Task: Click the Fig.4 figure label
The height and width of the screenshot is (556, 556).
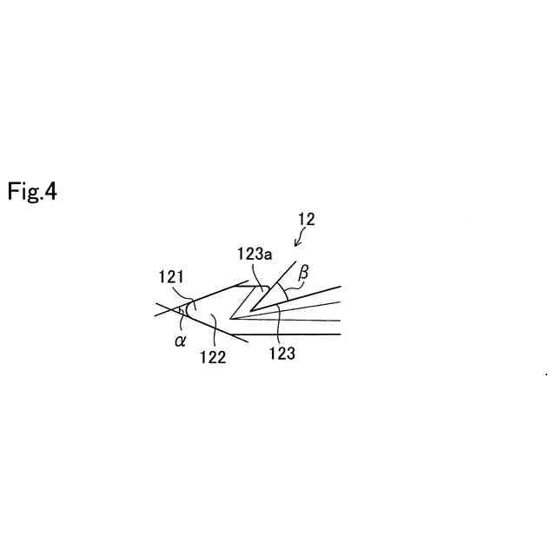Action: pos(32,191)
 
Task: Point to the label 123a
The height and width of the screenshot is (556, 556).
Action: pos(255,254)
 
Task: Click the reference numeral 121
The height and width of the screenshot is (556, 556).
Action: pos(170,277)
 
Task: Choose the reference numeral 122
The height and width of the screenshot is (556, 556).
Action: pos(213,356)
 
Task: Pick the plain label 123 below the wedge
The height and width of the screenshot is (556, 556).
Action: pos(282,354)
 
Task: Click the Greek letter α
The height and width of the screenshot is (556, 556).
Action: pos(180,341)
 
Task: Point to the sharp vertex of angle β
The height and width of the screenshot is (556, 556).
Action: pos(251,310)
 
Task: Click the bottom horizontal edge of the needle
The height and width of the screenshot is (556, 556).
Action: pos(287,334)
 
